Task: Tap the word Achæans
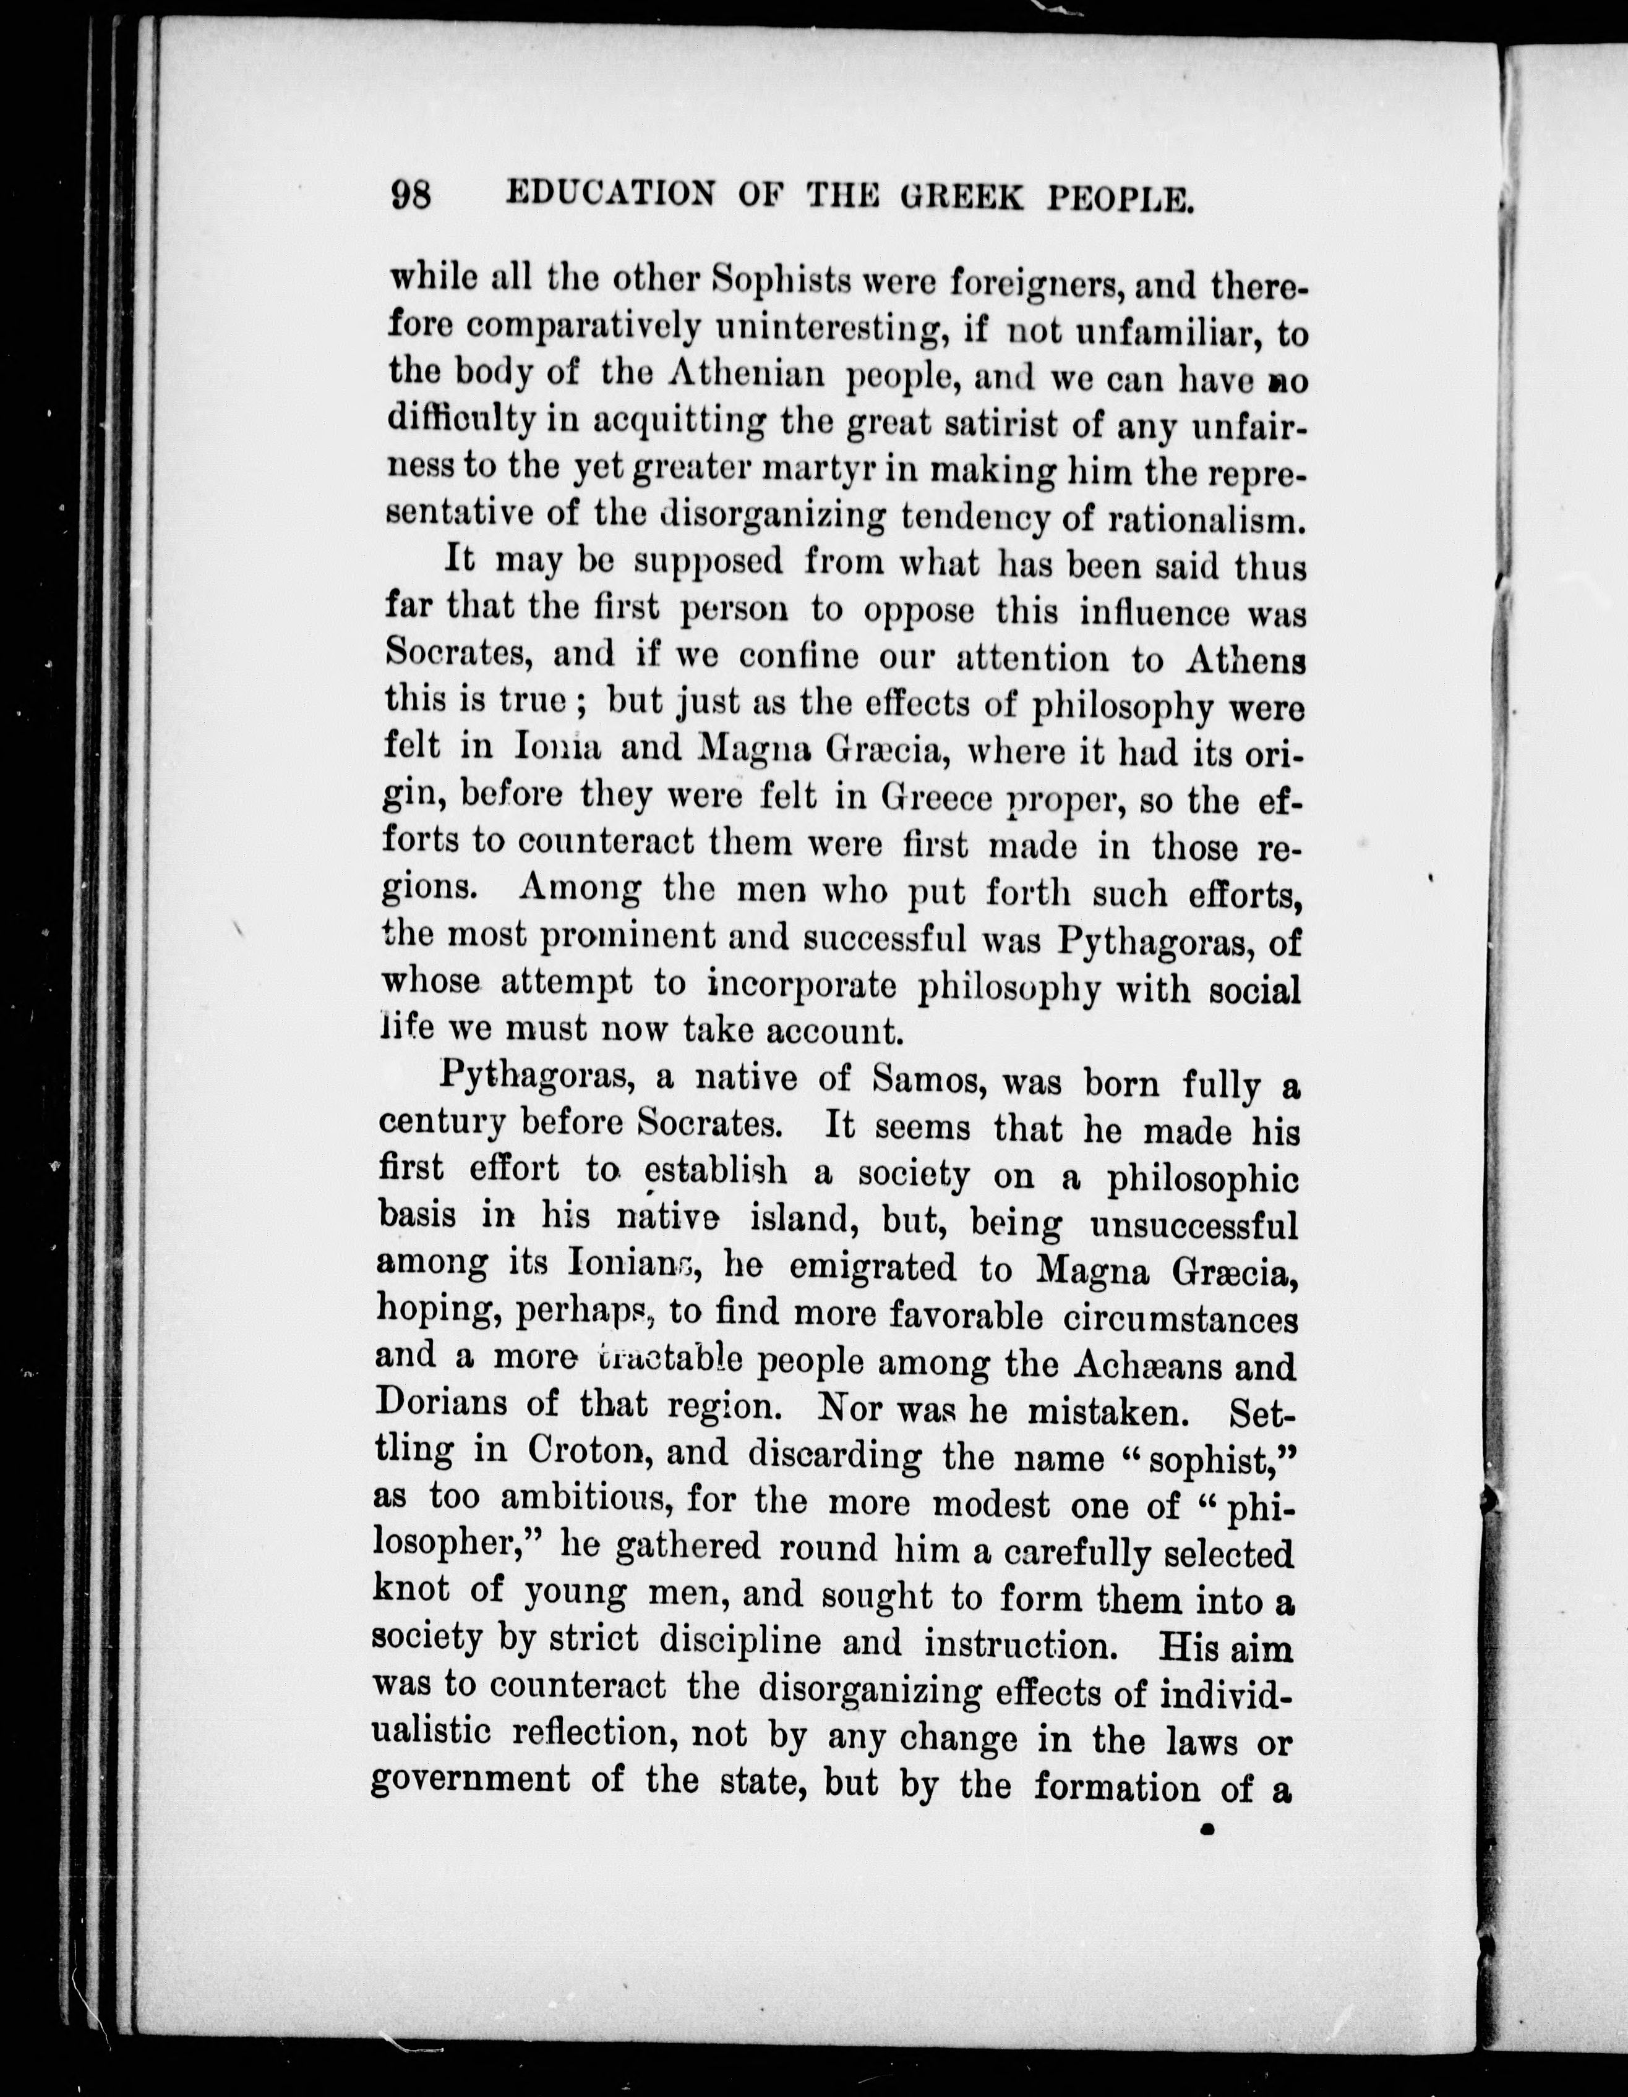point(1152,1363)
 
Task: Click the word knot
point(411,1589)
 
